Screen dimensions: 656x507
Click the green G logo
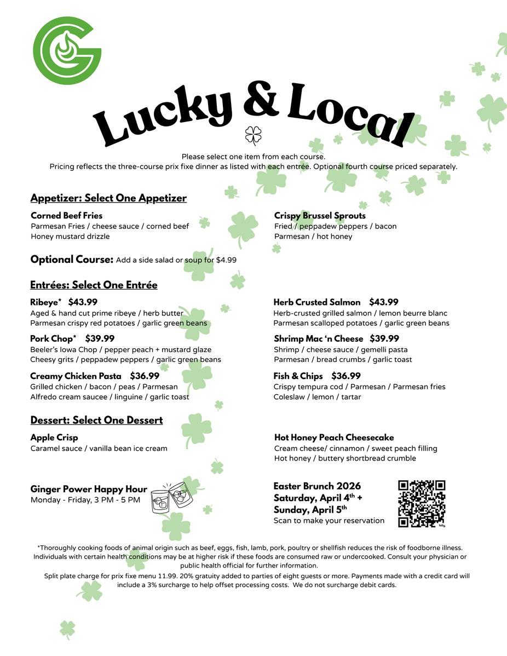[x=67, y=50]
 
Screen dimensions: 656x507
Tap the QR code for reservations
[x=422, y=504]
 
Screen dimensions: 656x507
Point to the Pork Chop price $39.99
[x=100, y=338]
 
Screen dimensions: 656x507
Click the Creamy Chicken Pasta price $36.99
[x=145, y=376]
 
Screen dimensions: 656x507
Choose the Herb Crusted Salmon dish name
[x=317, y=302]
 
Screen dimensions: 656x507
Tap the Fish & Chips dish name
[x=298, y=376]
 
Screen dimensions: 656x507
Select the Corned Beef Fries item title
[x=66, y=215]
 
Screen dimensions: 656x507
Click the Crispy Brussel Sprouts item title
[x=320, y=216]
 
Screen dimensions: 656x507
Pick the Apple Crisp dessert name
[x=54, y=438]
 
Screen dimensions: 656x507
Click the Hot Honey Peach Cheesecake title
[x=334, y=438]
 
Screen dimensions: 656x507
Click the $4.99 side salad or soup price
[x=226, y=260]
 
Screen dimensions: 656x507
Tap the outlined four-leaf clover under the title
[x=253, y=134]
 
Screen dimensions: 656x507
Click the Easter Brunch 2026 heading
[x=317, y=486]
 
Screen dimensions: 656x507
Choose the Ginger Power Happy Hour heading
[x=89, y=489]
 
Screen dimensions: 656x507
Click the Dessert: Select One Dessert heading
[x=96, y=420]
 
